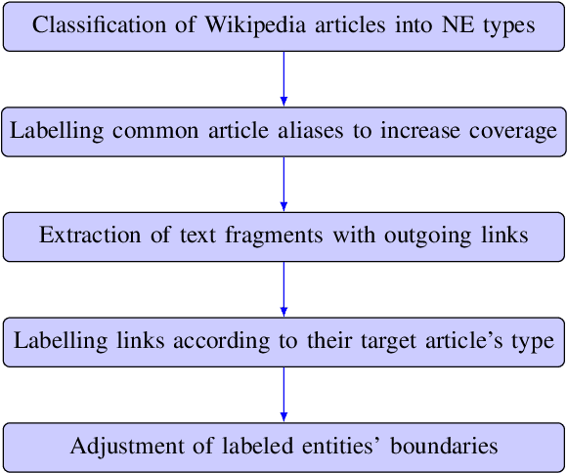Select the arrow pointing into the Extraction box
(x=283, y=184)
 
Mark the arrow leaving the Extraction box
(x=283, y=289)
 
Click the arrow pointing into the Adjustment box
(x=283, y=395)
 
